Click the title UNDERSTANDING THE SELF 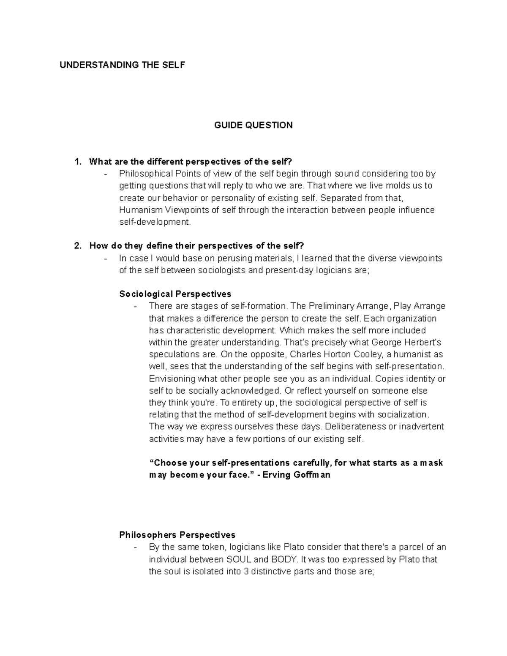pos(122,65)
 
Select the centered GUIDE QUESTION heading pos(253,125)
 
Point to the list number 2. pos(77,246)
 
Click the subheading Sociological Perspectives pos(175,294)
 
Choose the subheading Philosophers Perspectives pos(177,535)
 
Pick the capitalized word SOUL pos(240,559)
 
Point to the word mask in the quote pos(432,463)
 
